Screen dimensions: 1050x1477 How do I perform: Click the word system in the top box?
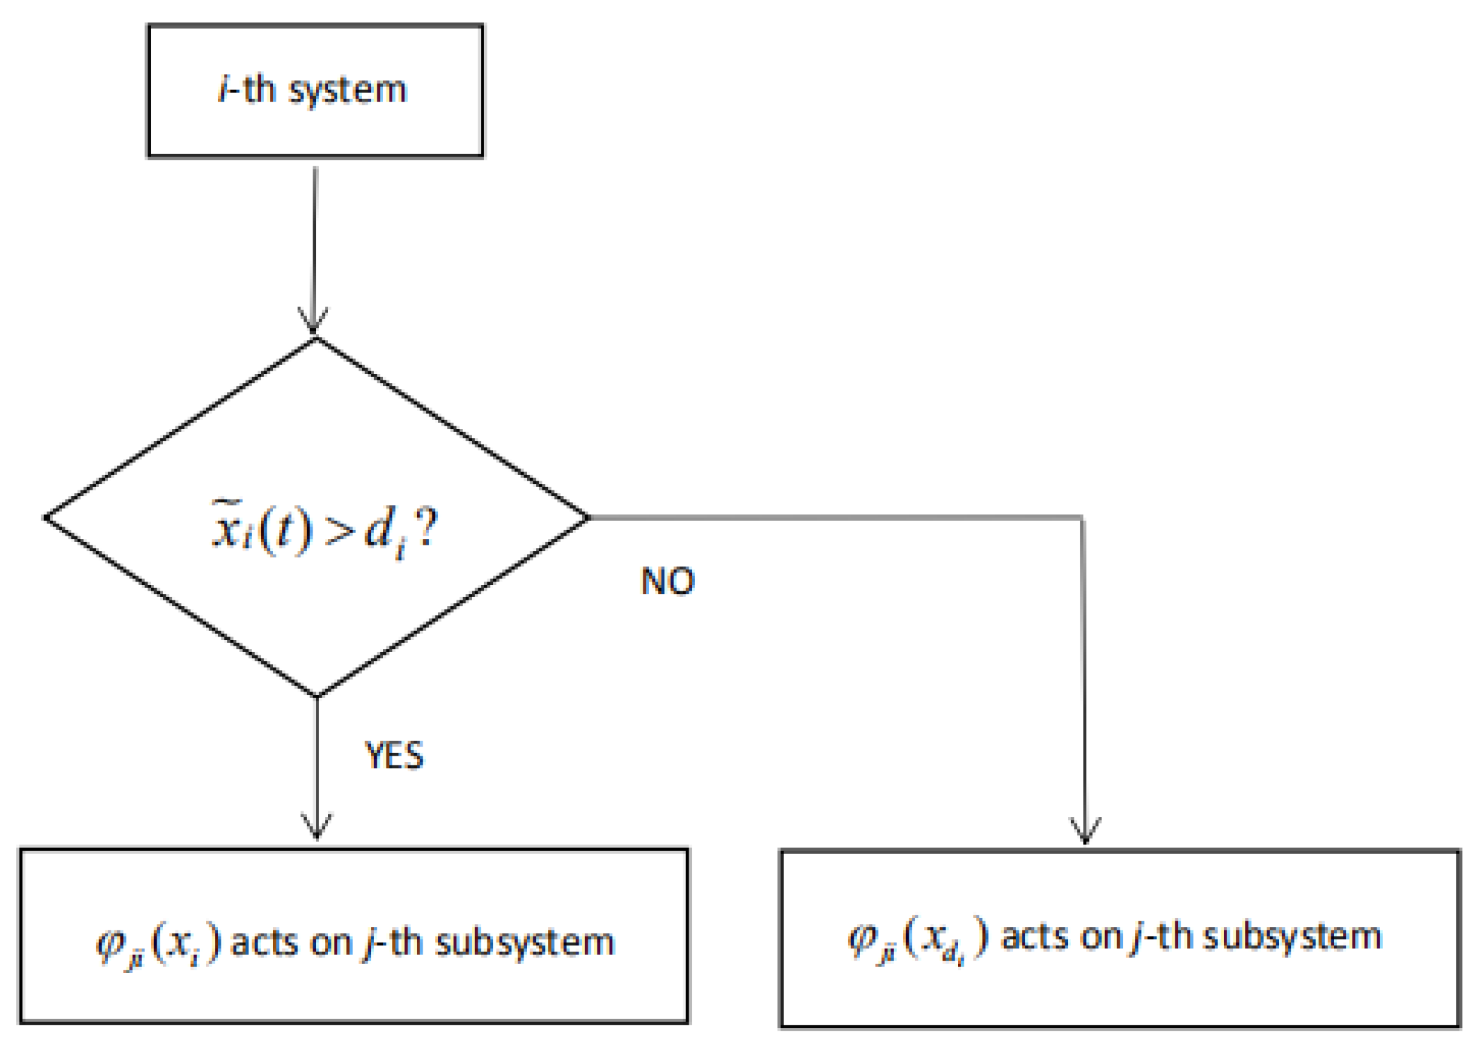coord(347,91)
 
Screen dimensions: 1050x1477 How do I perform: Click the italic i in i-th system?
coord(223,89)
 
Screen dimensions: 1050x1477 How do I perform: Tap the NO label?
coord(667,581)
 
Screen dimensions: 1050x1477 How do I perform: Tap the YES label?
coord(394,755)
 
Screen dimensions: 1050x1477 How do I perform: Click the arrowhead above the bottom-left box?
coord(316,827)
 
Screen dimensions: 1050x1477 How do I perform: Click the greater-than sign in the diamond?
coord(339,532)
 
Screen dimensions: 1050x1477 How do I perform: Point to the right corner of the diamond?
coord(588,518)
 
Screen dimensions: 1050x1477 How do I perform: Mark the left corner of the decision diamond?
coord(45,518)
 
